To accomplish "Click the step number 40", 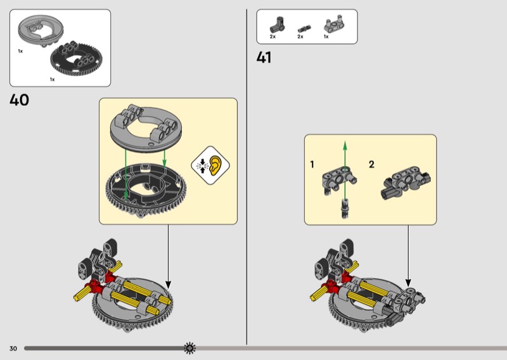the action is [x=20, y=100].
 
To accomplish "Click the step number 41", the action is [x=264, y=58].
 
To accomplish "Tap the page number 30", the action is [x=13, y=349].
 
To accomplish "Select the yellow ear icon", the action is [x=215, y=165].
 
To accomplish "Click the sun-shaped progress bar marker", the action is [x=189, y=348].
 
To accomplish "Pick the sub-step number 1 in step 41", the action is [x=312, y=164].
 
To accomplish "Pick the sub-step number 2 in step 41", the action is [x=371, y=164].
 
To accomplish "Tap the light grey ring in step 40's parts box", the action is [x=41, y=30].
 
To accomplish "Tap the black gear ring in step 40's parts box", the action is [x=76, y=58].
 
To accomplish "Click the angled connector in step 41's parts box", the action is [x=278, y=25].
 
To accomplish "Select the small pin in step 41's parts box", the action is [x=305, y=29].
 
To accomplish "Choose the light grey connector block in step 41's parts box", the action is [x=334, y=23].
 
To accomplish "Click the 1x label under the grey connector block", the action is [x=326, y=37].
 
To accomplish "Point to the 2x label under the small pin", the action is [x=300, y=37].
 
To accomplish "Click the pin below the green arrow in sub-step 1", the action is [x=345, y=209].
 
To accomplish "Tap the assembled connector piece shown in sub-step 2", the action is [x=406, y=183].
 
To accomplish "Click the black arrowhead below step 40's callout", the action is [x=168, y=285].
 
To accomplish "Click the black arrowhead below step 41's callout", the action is [x=408, y=283].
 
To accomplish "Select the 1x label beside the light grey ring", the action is [x=20, y=51].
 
